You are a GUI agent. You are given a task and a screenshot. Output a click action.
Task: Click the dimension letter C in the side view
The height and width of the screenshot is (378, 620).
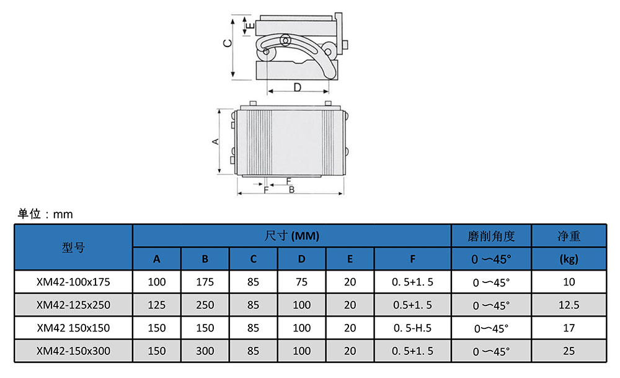click(x=228, y=43)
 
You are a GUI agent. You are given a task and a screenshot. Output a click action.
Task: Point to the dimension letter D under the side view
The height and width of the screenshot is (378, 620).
click(x=298, y=87)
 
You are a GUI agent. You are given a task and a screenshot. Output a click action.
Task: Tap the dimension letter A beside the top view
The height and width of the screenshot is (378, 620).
click(x=216, y=142)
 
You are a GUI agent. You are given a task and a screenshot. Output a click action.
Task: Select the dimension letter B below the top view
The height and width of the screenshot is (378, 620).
click(x=291, y=189)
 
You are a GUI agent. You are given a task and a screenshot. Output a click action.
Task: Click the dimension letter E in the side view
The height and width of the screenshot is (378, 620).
click(x=247, y=25)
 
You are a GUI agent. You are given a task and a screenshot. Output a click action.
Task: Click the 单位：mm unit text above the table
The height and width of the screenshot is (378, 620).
click(x=45, y=214)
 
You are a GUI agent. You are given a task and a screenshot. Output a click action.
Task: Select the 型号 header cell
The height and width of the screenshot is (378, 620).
click(x=73, y=247)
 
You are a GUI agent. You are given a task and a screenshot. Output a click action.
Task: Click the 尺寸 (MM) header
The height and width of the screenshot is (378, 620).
click(x=291, y=236)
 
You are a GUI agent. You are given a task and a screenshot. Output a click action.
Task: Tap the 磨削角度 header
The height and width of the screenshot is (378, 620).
click(x=491, y=236)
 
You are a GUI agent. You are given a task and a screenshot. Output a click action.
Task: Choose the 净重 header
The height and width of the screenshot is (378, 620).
click(x=569, y=236)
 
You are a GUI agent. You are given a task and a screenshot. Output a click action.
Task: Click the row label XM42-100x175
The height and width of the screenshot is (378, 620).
click(x=73, y=282)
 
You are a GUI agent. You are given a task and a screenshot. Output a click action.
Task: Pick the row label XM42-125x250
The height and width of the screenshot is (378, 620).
click(x=73, y=305)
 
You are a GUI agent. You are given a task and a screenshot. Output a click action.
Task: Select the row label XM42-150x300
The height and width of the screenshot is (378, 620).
click(x=73, y=351)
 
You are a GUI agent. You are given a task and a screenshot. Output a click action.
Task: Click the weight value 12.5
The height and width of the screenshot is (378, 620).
click(x=569, y=305)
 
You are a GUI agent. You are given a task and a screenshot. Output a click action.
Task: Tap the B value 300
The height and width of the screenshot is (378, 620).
click(x=205, y=351)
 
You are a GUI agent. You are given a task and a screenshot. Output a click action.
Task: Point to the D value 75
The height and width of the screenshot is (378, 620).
click(x=302, y=282)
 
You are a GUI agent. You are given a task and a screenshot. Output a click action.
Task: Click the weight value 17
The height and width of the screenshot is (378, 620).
click(x=569, y=328)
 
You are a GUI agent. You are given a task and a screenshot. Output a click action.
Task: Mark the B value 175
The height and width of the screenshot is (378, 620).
click(x=205, y=282)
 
